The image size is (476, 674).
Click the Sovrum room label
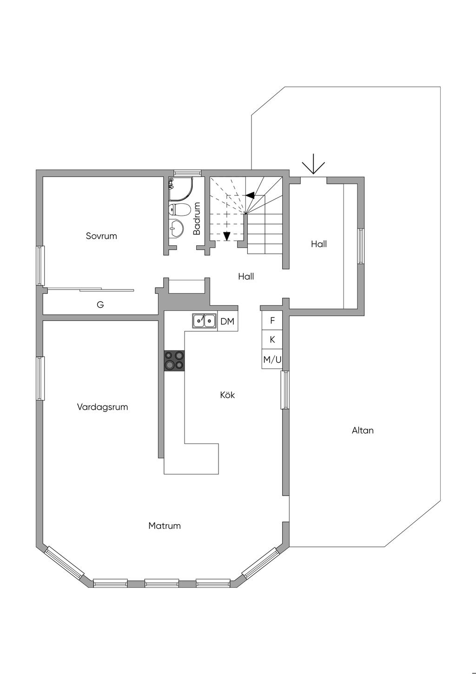click(x=101, y=236)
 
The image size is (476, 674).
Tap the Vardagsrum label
click(x=102, y=407)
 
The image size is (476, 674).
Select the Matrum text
click(x=165, y=526)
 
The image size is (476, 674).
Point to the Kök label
click(x=227, y=395)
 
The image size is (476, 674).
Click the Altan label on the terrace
click(x=363, y=430)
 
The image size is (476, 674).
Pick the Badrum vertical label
click(x=197, y=218)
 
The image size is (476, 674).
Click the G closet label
click(x=100, y=305)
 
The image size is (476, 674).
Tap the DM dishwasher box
click(x=227, y=321)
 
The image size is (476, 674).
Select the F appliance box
click(x=272, y=320)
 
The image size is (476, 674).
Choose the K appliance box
click(x=272, y=340)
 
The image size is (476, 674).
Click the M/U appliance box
click(x=272, y=359)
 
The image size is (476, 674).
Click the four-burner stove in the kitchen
click(x=174, y=361)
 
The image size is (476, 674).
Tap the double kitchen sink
click(x=205, y=320)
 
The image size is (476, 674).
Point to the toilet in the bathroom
click(x=180, y=210)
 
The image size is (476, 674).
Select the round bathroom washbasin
click(x=177, y=228)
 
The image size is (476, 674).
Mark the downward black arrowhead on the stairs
click(x=226, y=236)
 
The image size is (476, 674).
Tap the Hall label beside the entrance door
click(x=319, y=244)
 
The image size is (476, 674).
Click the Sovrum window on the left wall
click(x=40, y=265)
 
